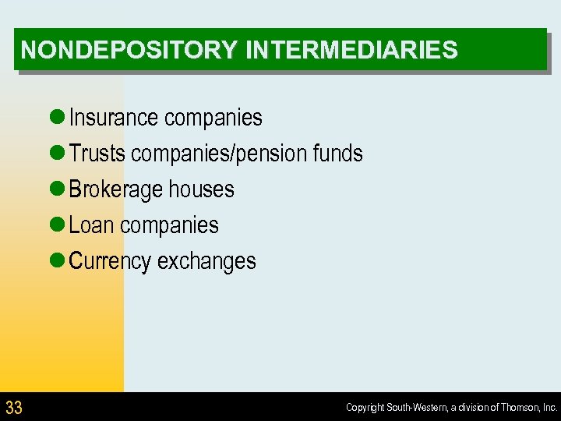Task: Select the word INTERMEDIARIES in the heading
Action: pyautogui.click(x=351, y=51)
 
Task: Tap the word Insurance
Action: pyautogui.click(x=113, y=118)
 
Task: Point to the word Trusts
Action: pyautogui.click(x=97, y=154)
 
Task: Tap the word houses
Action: pyautogui.click(x=201, y=189)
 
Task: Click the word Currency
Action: pyautogui.click(x=110, y=261)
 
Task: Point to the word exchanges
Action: pyautogui.click(x=206, y=261)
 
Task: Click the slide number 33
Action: pyautogui.click(x=14, y=407)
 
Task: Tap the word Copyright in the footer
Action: pyautogui.click(x=365, y=408)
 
